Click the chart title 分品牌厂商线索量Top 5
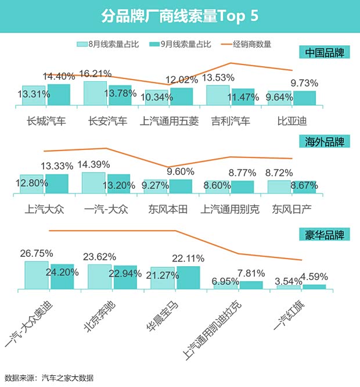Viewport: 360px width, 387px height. pos(179,15)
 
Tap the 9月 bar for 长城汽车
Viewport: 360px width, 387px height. pos(59,95)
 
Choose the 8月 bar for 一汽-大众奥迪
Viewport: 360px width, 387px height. pos(37,275)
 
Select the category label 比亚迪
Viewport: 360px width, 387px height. pos(292,121)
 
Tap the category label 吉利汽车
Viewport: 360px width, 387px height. pos(231,121)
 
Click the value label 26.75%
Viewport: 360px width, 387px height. pos(37,253)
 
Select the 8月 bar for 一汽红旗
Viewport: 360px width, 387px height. pos(289,287)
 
